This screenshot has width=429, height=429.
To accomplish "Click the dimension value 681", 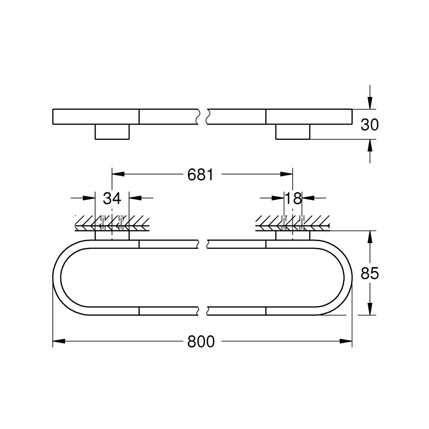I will pos(200,175).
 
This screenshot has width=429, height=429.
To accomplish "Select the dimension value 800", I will pos(201,341).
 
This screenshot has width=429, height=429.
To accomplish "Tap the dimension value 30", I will pos(369,125).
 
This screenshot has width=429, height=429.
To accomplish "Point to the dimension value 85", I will pos(369,273).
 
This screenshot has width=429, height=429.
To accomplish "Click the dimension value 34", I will pos(112,198).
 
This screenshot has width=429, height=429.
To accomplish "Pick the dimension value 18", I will pos(293,198).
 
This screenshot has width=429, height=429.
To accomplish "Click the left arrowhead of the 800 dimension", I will pos(58,341).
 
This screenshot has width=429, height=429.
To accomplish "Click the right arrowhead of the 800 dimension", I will pos(346,341).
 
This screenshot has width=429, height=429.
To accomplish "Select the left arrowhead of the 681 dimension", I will pos(118,174).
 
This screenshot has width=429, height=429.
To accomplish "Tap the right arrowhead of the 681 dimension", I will pos(287,174).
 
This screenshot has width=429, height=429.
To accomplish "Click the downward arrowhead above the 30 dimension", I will pos(370,104).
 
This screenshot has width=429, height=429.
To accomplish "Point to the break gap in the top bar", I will pos(203,116).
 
